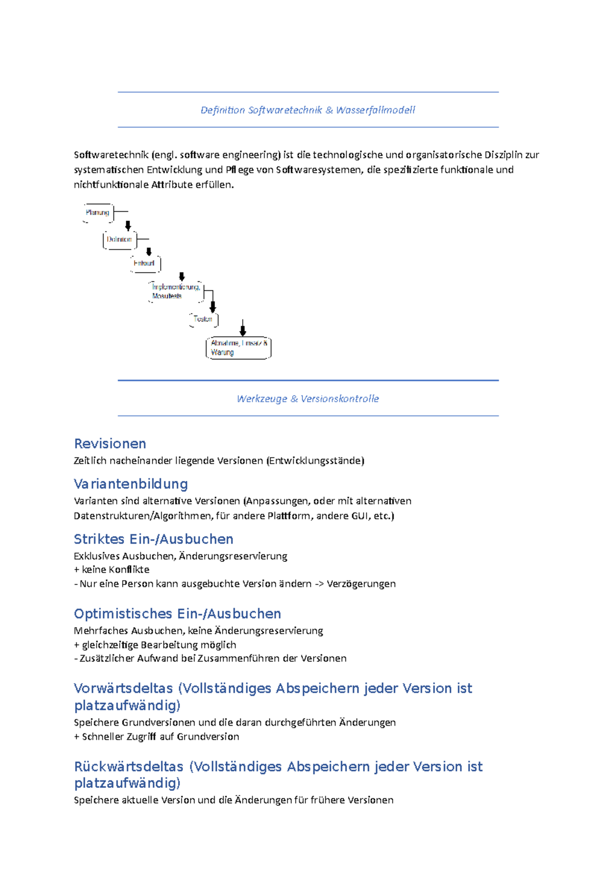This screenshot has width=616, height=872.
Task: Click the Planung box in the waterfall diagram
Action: [98, 213]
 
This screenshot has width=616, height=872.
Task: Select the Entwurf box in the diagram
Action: [145, 263]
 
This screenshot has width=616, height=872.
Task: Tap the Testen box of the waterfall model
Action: [203, 319]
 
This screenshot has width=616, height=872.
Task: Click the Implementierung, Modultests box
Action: [175, 291]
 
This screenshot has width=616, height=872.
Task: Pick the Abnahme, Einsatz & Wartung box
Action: [238, 348]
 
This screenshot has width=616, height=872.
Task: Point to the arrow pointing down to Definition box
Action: [128, 226]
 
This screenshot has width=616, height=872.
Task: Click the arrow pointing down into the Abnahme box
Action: [243, 328]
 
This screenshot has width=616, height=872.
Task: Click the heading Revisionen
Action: [110, 444]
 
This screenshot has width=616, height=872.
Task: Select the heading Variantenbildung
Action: [131, 484]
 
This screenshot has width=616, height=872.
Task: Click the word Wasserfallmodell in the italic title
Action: [375, 110]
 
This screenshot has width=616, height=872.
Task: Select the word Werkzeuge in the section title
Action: [262, 399]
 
